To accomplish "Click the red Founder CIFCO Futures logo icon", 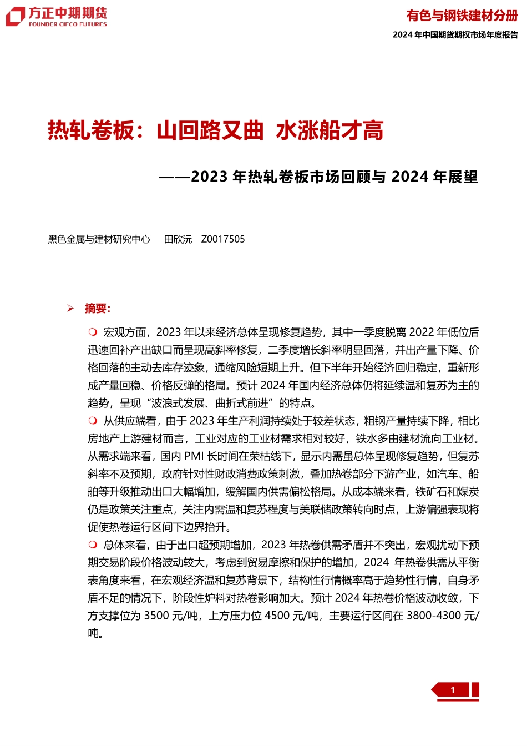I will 16,17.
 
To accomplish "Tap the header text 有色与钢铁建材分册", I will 462,16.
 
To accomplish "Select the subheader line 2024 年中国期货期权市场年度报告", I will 455,34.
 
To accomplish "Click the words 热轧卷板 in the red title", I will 91,130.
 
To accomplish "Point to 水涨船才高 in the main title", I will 330,130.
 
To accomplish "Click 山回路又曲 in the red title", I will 210,130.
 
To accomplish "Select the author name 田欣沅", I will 178,239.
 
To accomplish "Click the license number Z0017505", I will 222,239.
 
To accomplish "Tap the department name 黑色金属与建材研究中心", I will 99,239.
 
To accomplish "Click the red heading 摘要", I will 97,309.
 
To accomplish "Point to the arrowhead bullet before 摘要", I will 70,308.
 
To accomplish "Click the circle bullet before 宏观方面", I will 93,332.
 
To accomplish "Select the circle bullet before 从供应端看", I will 93,421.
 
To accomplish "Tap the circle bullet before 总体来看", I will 93,545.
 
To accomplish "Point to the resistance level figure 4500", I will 277,616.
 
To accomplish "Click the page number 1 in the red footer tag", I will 453,690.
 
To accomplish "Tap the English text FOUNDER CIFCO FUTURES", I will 68,24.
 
